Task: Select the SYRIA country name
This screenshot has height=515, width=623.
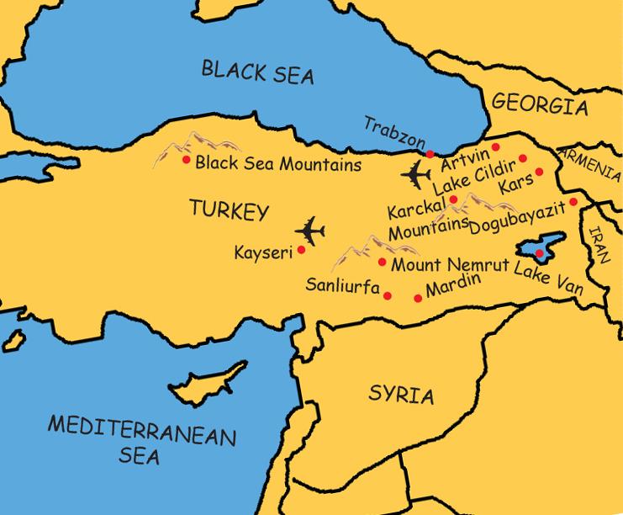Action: tap(401, 395)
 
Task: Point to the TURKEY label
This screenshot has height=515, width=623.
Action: tap(228, 210)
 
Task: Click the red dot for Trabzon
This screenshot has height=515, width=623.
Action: tap(430, 154)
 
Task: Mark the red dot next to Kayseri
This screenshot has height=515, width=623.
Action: tap(301, 249)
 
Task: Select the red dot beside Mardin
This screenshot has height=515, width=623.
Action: tap(418, 298)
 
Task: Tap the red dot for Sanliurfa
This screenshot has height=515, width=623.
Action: tap(388, 295)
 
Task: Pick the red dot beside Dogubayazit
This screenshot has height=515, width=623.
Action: tap(573, 202)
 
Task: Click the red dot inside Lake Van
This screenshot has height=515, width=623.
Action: tap(539, 252)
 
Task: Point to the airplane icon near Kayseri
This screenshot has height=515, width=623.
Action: tap(310, 230)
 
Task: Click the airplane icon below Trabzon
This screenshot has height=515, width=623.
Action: tap(415, 175)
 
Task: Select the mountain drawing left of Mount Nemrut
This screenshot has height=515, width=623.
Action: tap(357, 250)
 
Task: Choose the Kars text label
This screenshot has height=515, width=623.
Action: tap(515, 183)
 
